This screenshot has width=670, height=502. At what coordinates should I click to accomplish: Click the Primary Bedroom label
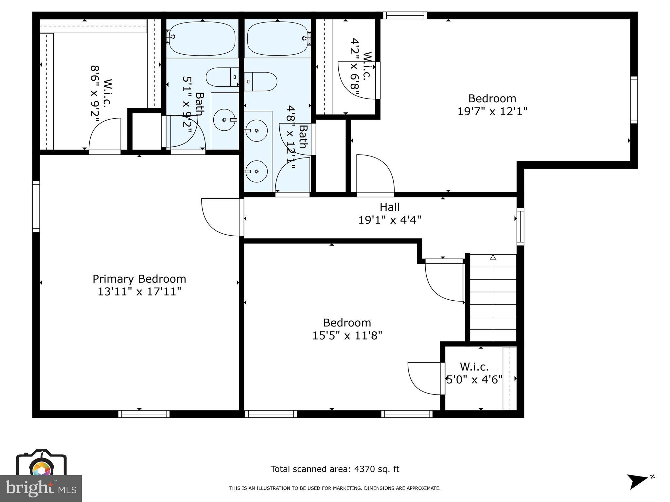coord(139,279)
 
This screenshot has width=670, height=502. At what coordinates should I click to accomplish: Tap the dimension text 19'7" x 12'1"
coord(492,111)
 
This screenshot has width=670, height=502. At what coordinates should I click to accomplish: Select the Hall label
coord(390,207)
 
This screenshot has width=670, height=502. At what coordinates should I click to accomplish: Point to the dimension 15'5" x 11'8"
coord(347,336)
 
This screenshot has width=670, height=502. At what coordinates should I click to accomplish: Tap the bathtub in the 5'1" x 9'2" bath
coord(203,38)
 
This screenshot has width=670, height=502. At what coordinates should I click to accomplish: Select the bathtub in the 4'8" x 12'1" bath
coord(277,38)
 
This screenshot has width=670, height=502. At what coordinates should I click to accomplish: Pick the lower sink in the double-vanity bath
coord(256,171)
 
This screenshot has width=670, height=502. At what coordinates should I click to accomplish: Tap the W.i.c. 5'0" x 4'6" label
coord(474,373)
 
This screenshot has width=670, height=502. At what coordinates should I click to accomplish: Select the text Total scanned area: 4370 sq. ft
coord(335,469)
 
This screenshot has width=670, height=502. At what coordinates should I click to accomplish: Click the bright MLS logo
coord(41,488)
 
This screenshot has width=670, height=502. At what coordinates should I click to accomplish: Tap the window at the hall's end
coord(520,226)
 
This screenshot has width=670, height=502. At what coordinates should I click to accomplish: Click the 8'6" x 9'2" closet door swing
coord(105,135)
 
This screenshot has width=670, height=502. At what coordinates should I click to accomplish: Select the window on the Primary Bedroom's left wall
coord(36,206)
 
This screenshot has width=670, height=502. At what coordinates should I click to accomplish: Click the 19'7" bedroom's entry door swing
coord(375,174)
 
